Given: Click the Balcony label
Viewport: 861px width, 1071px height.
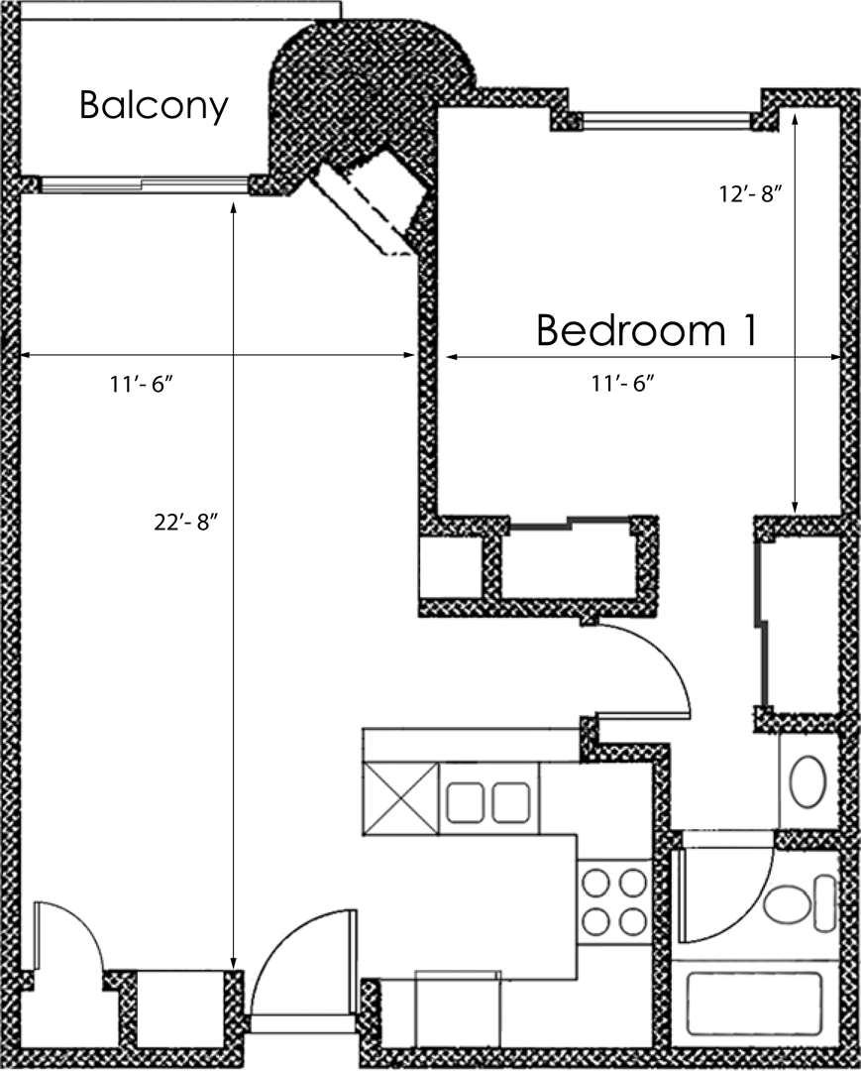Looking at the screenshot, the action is coord(154,106).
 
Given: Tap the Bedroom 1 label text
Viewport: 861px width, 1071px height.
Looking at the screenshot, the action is coord(647,330).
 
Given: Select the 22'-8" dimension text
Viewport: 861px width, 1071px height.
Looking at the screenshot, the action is coord(185,523).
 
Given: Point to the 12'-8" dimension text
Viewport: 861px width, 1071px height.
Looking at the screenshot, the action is coord(750,194).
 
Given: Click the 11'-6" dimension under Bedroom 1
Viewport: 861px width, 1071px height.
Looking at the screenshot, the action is coord(623,383).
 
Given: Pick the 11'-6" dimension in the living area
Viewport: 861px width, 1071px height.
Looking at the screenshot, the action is coord(142,384).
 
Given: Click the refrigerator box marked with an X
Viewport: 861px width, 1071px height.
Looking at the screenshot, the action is coord(400,798).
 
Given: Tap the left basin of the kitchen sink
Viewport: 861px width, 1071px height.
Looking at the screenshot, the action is coord(466,802).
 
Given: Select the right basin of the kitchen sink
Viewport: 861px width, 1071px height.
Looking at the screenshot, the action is coord(511,802).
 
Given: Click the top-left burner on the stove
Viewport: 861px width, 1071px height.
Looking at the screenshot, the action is coord(595,884).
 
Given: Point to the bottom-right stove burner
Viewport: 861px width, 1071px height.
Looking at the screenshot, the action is coord(632,921).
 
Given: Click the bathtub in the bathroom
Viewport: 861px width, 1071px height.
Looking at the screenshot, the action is coord(755,1005).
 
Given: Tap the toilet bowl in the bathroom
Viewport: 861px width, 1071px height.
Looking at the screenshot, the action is coord(788,903).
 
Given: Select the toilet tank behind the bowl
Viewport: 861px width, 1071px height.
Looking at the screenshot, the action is coord(825,903).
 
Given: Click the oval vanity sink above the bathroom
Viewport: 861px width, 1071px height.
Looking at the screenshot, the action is coord(807,781).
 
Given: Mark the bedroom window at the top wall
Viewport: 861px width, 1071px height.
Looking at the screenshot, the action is coord(666,121).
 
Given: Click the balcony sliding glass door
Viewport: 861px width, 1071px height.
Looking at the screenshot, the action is coord(144,184).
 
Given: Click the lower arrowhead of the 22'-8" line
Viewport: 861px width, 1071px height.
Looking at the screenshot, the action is coord(233,964).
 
